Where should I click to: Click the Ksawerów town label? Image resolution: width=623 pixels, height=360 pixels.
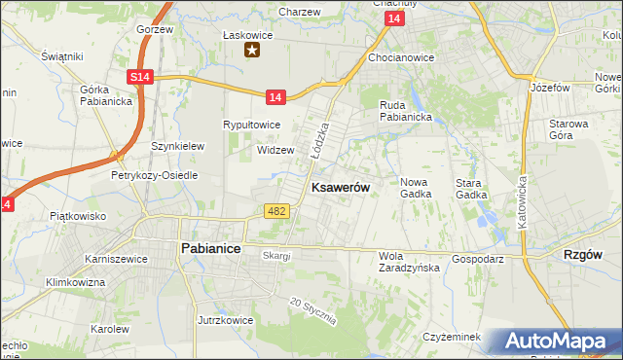[339, 188]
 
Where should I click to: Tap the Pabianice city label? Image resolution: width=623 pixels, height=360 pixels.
[211, 248]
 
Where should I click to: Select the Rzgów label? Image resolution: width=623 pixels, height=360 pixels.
[583, 254]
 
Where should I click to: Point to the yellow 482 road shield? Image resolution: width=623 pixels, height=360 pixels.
[275, 211]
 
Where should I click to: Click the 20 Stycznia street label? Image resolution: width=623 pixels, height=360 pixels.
[313, 311]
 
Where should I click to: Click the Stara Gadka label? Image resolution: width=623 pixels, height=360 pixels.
[471, 188]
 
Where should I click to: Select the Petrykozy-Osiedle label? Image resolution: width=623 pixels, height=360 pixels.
[154, 175]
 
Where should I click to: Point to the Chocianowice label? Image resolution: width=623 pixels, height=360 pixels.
[401, 57]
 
